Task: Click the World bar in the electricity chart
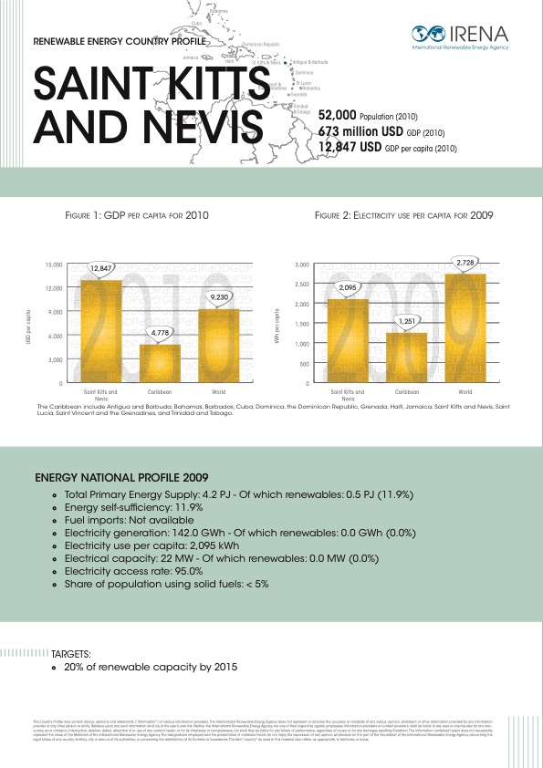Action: [x=465, y=328]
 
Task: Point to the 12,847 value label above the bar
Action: [x=101, y=268]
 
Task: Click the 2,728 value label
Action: [x=465, y=263]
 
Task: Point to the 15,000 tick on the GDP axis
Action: [x=54, y=265]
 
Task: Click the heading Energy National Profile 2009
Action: [x=121, y=477]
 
